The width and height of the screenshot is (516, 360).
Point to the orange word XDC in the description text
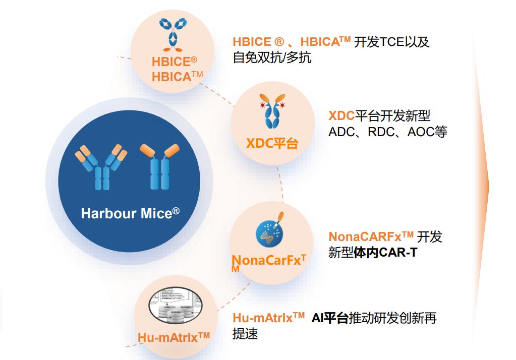[341, 116]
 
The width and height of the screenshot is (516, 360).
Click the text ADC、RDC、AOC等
[387, 132]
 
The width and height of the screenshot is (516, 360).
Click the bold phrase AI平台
[330, 318]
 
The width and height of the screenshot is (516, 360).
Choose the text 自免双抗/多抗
[272, 57]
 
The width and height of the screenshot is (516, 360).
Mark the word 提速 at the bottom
[245, 334]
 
